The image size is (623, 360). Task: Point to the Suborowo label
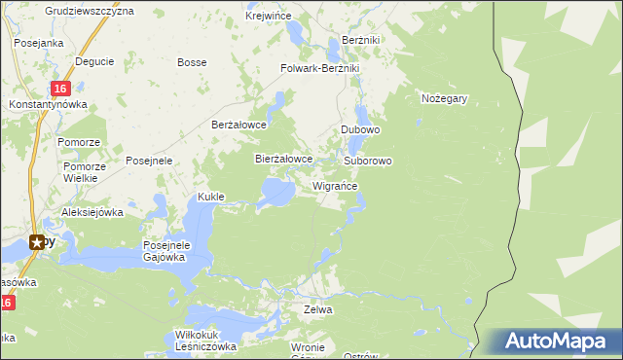[x=368, y=160]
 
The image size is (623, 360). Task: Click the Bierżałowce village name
[x=283, y=158]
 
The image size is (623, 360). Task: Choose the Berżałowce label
[x=239, y=125]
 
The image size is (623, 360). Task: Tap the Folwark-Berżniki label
[x=320, y=68]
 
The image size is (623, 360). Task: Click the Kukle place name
[x=211, y=197]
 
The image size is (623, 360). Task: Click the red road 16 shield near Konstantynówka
[x=58, y=89]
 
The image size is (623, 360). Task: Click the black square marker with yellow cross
[x=38, y=242]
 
